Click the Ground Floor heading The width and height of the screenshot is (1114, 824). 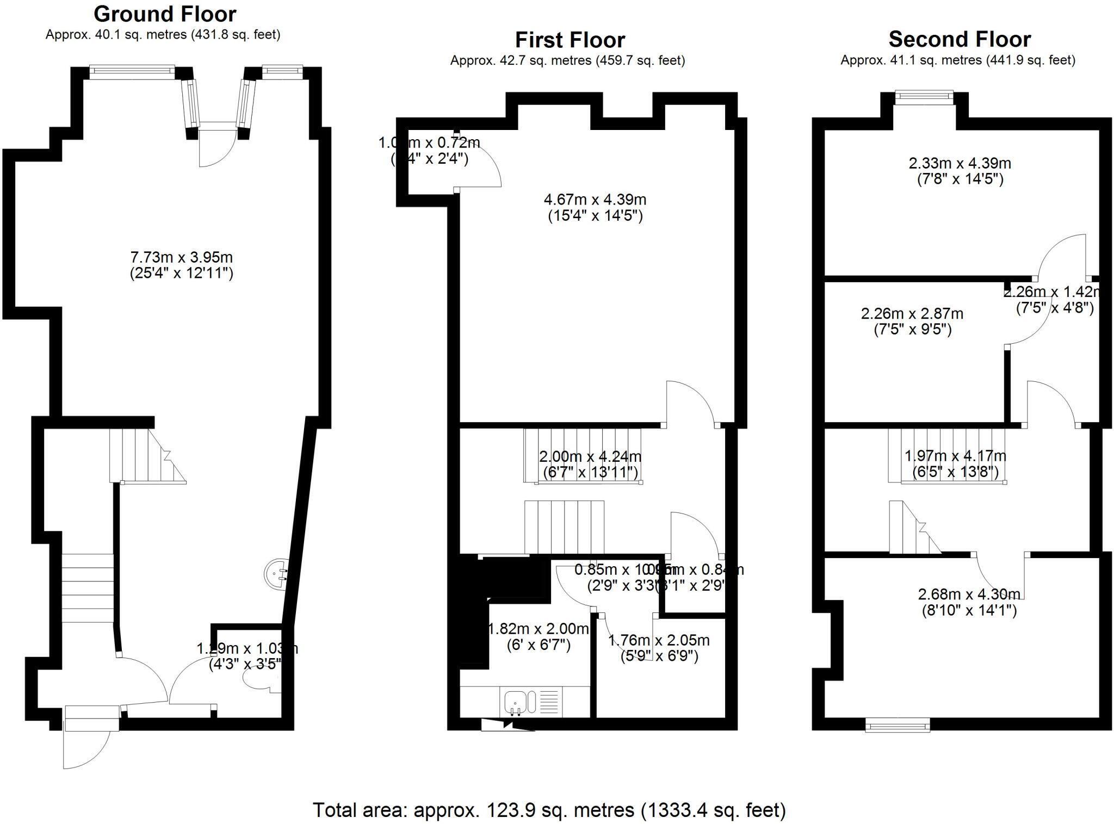(x=165, y=14)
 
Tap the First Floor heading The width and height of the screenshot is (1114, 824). (x=570, y=40)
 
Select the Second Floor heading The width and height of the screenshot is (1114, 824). (x=960, y=40)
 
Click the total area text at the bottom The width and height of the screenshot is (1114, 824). (x=549, y=810)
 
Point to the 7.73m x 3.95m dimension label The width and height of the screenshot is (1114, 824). (x=181, y=265)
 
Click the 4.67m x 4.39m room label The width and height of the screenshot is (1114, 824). (x=595, y=208)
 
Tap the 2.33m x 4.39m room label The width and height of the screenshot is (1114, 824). (x=960, y=171)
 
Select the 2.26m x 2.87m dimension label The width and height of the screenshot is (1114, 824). (x=912, y=321)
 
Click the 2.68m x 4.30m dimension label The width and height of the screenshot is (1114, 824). (x=969, y=602)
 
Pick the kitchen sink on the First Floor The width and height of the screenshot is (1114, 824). (x=515, y=702)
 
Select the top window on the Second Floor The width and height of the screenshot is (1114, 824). (x=924, y=97)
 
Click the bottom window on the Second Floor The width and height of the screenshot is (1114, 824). (x=897, y=724)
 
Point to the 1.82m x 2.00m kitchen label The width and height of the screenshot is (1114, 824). (x=538, y=637)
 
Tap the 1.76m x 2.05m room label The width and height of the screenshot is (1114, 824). (x=659, y=648)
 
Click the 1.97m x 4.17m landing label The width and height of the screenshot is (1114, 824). (x=955, y=463)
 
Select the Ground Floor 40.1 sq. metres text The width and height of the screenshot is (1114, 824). (x=163, y=35)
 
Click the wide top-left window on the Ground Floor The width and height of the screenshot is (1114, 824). (x=132, y=70)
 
